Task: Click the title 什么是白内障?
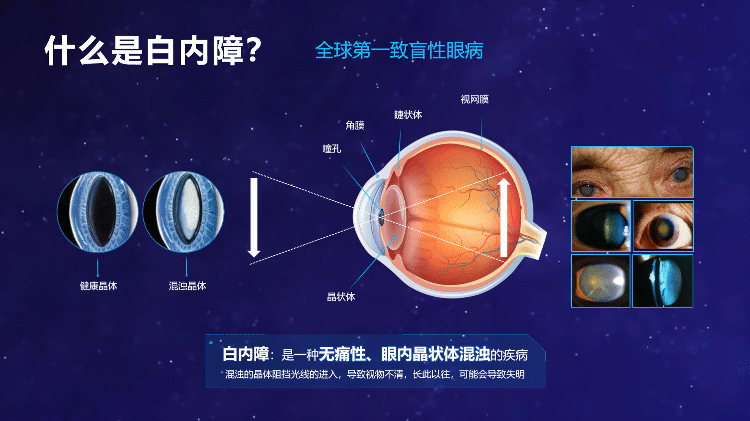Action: [153, 50]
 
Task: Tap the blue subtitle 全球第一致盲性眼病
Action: [399, 50]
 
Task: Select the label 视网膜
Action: [474, 99]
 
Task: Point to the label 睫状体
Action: [408, 114]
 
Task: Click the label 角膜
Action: [355, 125]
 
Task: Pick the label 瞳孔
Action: [331, 148]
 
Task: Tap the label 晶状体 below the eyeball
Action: [341, 297]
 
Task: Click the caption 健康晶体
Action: [98, 286]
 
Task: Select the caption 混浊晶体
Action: [187, 286]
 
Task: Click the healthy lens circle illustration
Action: [98, 211]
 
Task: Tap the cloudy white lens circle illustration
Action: [184, 211]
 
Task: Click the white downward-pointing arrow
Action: [254, 218]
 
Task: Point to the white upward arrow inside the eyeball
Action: [504, 217]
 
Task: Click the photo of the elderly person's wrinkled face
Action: [632, 172]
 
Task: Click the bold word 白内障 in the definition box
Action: [246, 354]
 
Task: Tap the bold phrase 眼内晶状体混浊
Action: [435, 354]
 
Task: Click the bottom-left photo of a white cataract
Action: [601, 281]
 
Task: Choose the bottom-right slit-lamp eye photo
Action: [662, 281]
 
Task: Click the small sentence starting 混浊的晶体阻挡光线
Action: [375, 374]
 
